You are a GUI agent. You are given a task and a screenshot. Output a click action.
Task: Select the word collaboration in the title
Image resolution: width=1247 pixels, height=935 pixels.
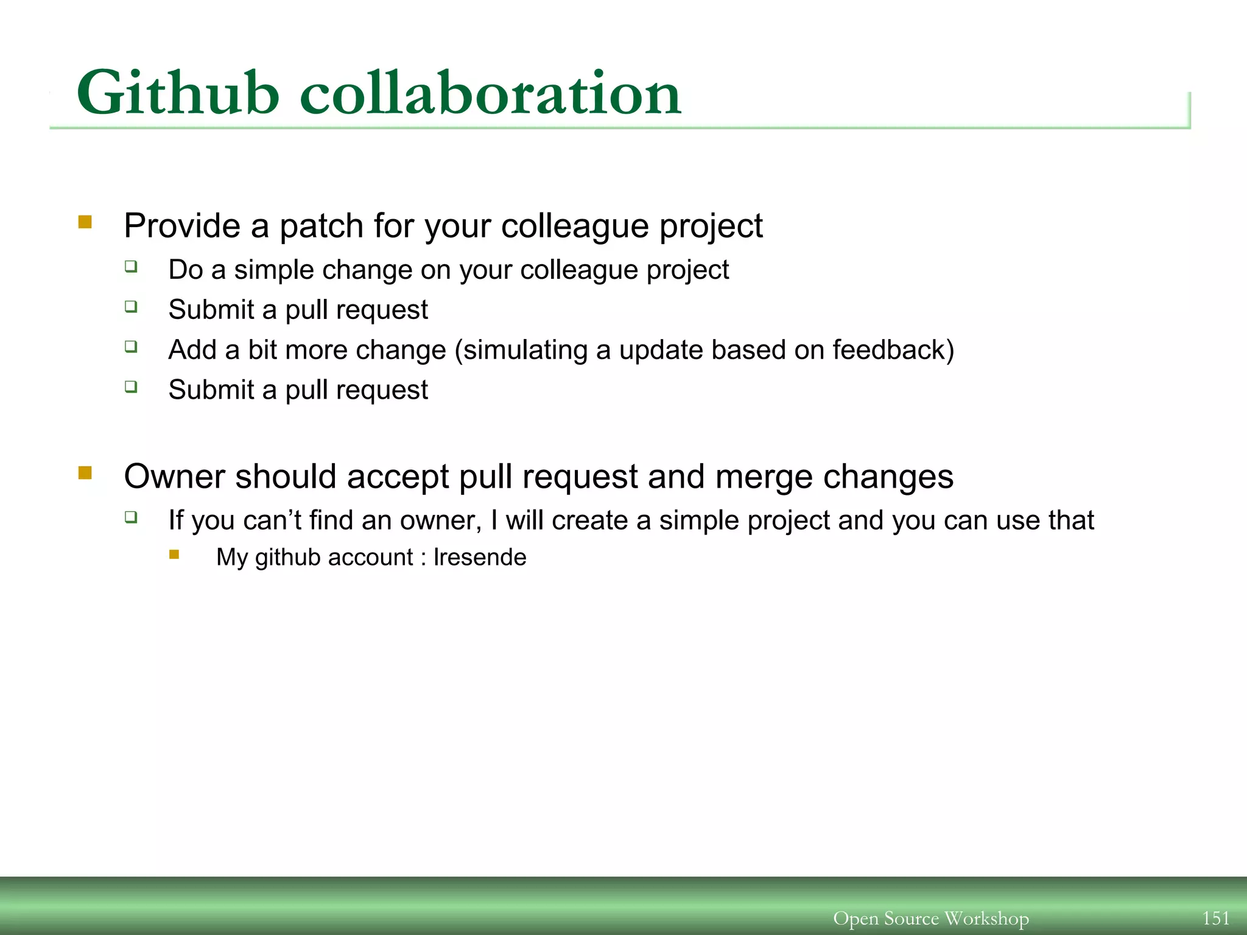[x=491, y=93]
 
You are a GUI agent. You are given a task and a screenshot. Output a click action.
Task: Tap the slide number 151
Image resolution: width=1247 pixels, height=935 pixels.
[x=1215, y=918]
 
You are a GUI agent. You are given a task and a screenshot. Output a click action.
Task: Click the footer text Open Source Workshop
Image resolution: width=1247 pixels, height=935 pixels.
[x=931, y=918]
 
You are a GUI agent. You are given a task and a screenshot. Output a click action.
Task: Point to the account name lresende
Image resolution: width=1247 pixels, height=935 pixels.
[x=480, y=558]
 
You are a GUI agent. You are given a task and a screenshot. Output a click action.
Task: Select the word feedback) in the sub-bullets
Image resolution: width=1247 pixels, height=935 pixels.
[x=893, y=350]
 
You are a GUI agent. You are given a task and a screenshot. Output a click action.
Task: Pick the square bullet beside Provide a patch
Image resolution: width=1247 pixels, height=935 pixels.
[x=85, y=222]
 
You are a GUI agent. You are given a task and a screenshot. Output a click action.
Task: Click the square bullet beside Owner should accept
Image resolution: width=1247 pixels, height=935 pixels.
[x=85, y=473]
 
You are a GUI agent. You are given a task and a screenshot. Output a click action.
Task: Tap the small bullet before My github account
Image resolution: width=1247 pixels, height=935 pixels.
[x=175, y=555]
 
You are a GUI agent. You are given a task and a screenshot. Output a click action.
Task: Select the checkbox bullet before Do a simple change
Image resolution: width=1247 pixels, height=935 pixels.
[x=132, y=267]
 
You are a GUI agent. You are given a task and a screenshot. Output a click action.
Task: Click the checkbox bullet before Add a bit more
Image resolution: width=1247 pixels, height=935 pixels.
[x=132, y=347]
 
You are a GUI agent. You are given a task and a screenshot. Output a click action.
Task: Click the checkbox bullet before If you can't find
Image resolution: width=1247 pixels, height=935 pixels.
[x=132, y=517]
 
